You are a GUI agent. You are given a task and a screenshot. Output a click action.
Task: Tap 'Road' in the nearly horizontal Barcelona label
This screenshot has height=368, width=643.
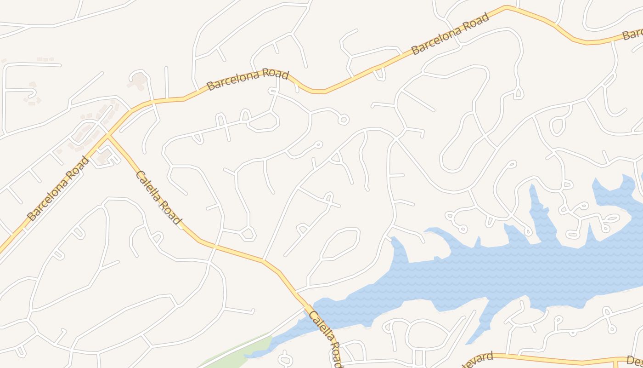[x=274, y=75]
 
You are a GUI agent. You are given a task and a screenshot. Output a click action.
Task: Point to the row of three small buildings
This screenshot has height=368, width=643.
[x=45, y=59]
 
